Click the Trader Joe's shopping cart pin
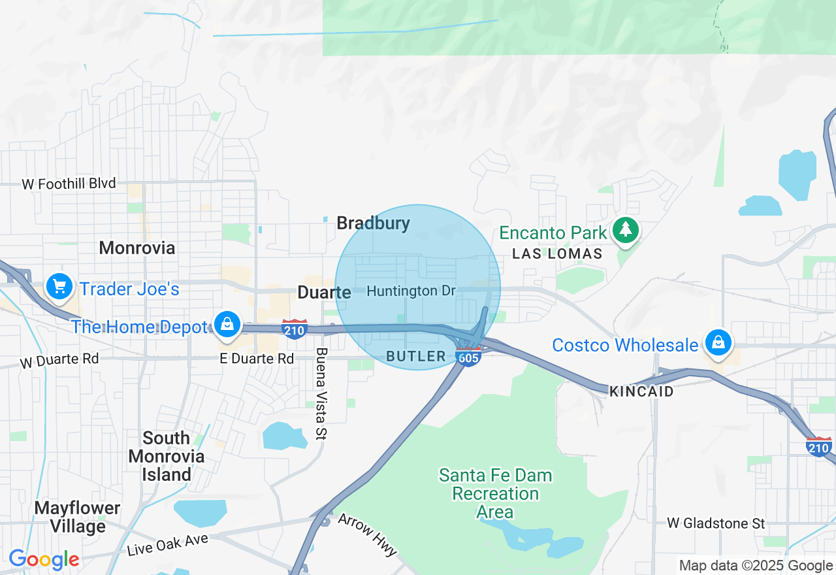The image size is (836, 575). click(x=59, y=286)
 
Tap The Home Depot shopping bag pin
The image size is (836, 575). click(x=227, y=324)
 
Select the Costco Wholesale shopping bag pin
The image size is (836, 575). click(x=718, y=342)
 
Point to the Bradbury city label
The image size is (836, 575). click(x=373, y=223)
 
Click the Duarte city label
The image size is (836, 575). click(x=324, y=292)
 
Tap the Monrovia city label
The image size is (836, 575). click(x=137, y=248)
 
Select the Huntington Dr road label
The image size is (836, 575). click(x=411, y=291)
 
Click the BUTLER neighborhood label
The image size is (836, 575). click(x=416, y=356)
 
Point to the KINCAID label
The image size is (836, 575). click(x=641, y=391)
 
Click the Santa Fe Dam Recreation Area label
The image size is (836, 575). click(x=495, y=493)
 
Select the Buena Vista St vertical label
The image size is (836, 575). click(x=321, y=393)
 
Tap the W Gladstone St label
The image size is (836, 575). click(x=715, y=523)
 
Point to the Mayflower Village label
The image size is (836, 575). click(x=78, y=517)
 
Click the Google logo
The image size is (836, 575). click(x=44, y=559)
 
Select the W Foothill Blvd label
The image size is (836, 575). click(x=69, y=184)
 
